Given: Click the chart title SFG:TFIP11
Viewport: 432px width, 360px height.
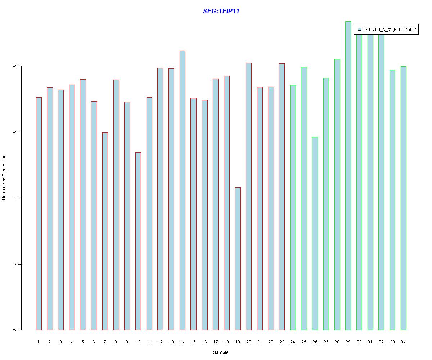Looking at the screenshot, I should click(221, 11).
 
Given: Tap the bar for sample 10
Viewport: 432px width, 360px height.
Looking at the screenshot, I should click(138, 241).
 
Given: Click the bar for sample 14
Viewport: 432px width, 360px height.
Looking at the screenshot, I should click(183, 190).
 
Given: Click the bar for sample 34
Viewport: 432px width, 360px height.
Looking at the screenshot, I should click(403, 198).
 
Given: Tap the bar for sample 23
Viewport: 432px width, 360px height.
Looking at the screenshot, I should click(282, 197).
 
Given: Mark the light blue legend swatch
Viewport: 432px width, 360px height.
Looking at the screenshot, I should click(359, 29).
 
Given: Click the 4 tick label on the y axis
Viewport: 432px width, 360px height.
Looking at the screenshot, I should click(14, 198).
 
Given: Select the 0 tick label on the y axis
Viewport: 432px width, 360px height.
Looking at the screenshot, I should click(14, 330).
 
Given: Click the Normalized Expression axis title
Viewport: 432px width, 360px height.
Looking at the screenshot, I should click(4, 177).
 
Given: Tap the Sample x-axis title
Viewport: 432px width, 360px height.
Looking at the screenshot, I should click(221, 352).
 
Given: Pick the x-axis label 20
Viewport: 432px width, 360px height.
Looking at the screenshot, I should click(248, 342).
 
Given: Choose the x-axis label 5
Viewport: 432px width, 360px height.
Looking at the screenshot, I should click(83, 342).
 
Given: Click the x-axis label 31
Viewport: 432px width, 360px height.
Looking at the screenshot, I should click(370, 342).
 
